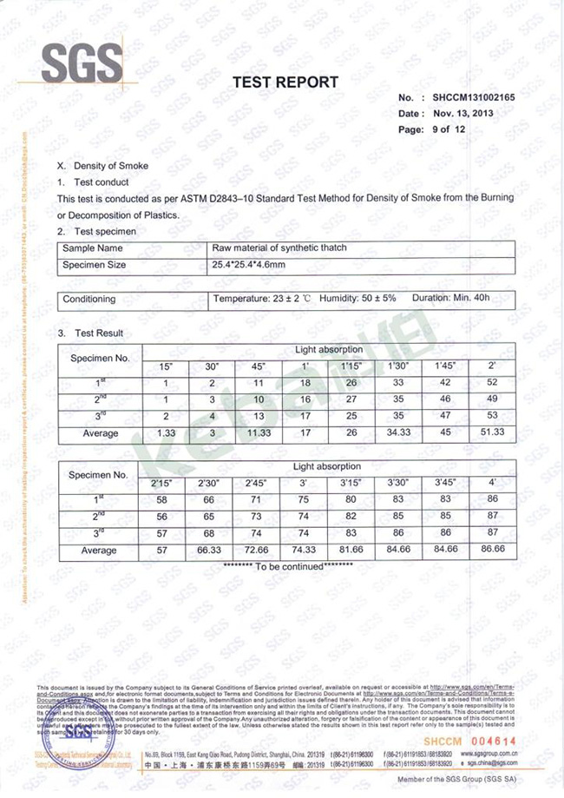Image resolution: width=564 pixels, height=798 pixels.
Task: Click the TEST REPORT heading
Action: click(285, 82)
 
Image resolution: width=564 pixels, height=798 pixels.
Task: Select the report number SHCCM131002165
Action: click(474, 98)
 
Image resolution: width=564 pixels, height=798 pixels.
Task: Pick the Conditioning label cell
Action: click(89, 299)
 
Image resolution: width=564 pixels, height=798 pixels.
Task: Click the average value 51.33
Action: click(493, 432)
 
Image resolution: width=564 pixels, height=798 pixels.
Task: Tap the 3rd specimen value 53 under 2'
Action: click(493, 416)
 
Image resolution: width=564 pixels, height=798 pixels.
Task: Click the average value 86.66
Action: click(494, 550)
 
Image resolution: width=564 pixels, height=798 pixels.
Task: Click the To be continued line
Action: click(288, 565)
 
